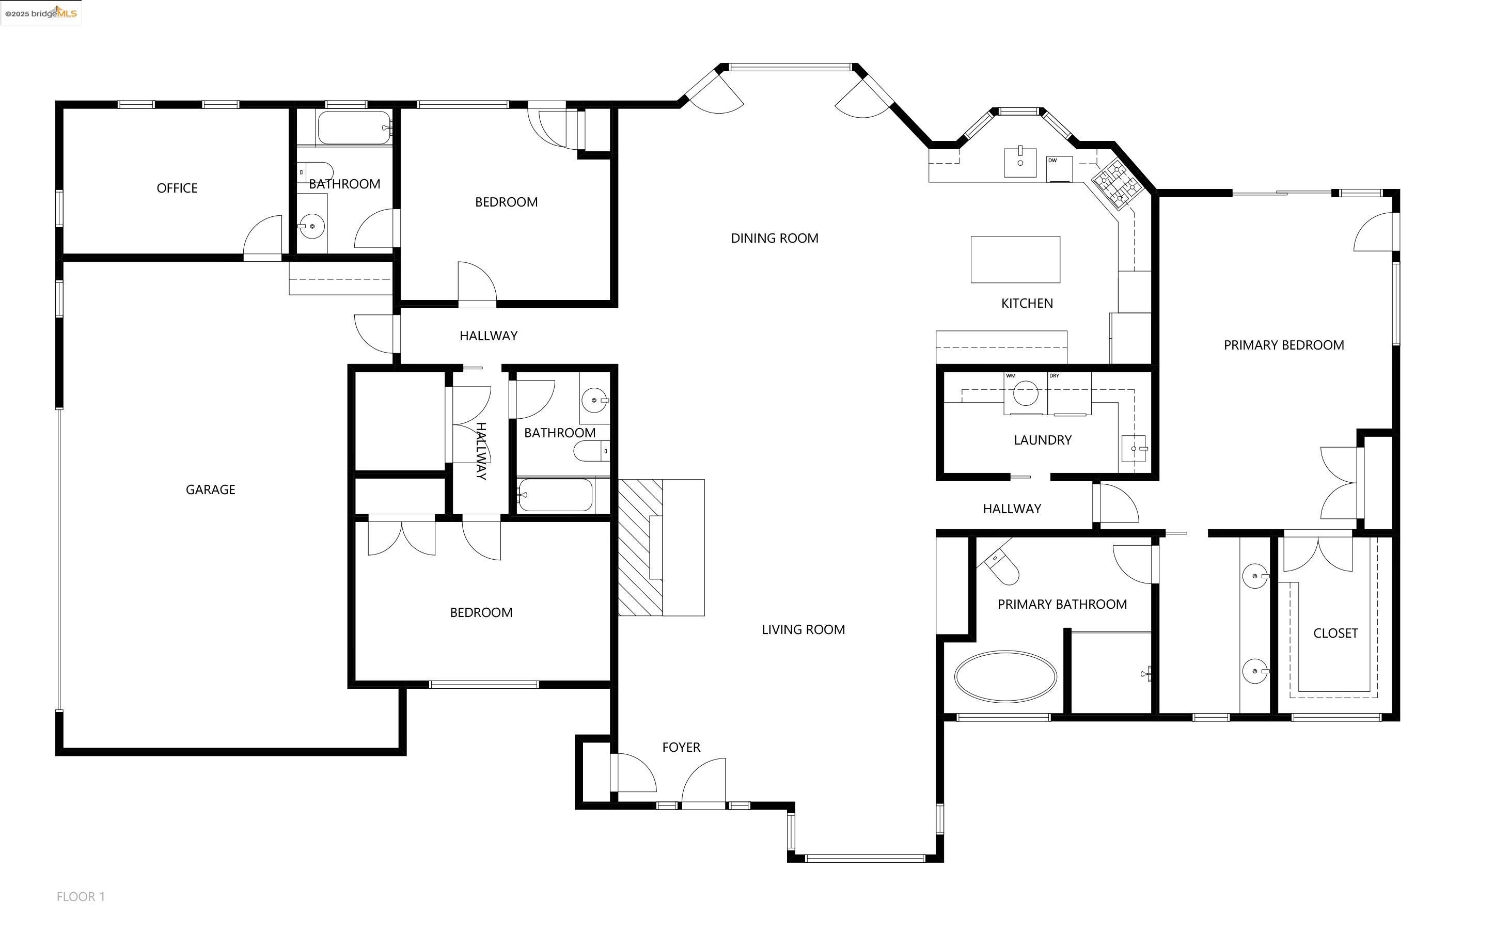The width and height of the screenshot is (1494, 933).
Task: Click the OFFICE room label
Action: coord(177,188)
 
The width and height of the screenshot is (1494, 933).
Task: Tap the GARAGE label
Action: coord(210,489)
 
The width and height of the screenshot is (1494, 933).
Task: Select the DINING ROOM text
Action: coord(775,238)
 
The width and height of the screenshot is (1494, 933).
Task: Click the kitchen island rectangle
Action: coord(1015,259)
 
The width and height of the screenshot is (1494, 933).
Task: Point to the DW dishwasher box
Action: coord(1059,168)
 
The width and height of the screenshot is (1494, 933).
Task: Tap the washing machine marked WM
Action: coord(1025,393)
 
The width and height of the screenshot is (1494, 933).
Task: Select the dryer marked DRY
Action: coord(1069,393)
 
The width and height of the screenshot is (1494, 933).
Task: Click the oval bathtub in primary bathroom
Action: coord(1005,676)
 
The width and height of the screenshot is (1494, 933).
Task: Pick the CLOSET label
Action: coord(1335,633)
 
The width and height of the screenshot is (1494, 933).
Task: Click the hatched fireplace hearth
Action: coord(640,547)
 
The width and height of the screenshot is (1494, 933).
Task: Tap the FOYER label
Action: coord(681,747)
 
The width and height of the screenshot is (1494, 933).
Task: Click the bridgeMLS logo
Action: coord(41,13)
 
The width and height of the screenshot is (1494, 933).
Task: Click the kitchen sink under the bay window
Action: coord(1020,162)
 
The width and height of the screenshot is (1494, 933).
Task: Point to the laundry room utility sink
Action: coord(1134,449)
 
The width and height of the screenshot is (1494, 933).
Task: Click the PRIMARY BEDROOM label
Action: coord(1284,345)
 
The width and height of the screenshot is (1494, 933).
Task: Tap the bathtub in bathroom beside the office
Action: coord(354,128)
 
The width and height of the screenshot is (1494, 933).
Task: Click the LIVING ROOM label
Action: coord(803,629)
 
